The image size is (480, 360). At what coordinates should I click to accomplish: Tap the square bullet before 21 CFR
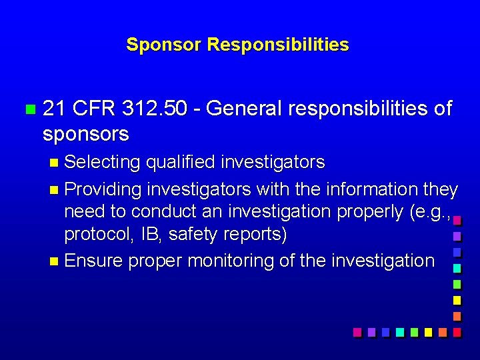tap(28, 109)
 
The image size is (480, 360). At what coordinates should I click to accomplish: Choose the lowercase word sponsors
tap(85, 134)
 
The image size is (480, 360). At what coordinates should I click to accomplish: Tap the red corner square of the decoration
tap(457, 331)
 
